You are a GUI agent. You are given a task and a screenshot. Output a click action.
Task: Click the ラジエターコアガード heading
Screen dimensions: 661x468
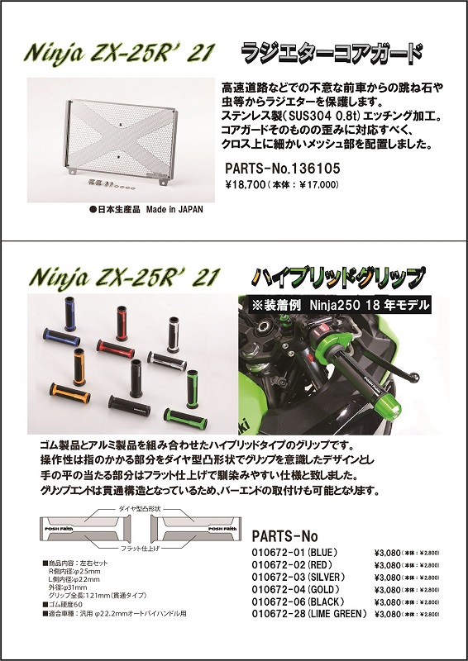(331, 54)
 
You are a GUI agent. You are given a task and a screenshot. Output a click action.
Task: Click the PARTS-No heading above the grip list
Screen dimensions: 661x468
(283, 534)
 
